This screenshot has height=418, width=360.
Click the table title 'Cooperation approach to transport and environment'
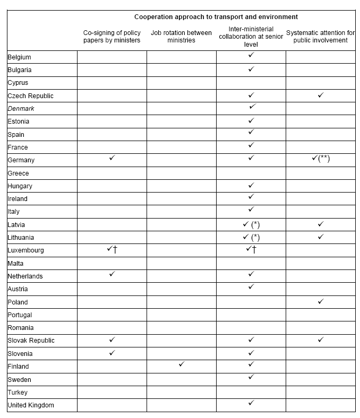(x=216, y=17)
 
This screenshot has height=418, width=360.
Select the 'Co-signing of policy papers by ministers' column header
(x=112, y=36)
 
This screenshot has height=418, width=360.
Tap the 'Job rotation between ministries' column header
(x=181, y=36)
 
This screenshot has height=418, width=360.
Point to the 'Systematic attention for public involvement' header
(x=320, y=36)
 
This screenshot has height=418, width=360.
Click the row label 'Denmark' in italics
(x=21, y=109)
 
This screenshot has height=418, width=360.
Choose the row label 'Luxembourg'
(x=26, y=250)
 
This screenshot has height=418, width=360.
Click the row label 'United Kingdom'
(x=31, y=405)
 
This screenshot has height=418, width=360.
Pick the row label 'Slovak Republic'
(x=31, y=341)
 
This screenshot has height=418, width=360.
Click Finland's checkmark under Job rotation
(x=182, y=365)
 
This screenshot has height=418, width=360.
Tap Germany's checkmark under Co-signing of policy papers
(x=112, y=159)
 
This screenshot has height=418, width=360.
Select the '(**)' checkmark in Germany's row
(x=321, y=159)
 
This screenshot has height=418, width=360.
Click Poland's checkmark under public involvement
(x=320, y=301)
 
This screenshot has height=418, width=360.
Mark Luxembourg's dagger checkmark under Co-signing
(x=112, y=249)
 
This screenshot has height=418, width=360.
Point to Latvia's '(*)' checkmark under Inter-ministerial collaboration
(x=251, y=224)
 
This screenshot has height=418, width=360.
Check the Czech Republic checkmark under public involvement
(x=320, y=95)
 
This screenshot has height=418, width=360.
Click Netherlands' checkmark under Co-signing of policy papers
(x=112, y=275)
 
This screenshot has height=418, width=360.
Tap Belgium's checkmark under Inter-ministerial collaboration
(x=251, y=55)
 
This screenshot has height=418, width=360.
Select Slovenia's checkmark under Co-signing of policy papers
(x=112, y=352)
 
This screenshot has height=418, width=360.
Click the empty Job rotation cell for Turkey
(x=182, y=393)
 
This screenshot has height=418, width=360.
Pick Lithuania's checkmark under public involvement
(x=320, y=237)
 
